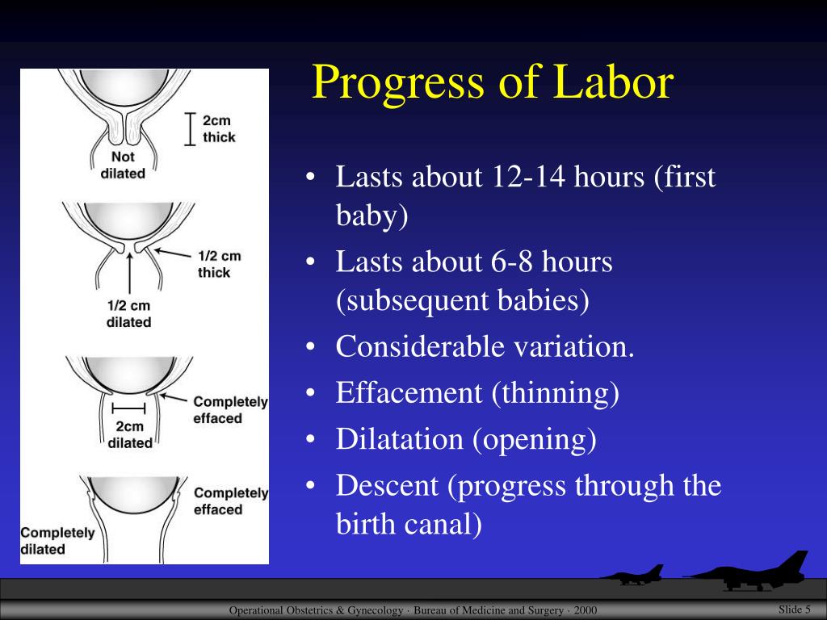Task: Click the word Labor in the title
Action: tap(614, 82)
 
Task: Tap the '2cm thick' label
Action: tap(218, 128)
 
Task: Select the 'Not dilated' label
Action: tap(123, 165)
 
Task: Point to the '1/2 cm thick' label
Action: tap(219, 264)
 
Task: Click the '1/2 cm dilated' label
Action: tap(128, 314)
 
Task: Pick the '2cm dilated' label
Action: tap(130, 434)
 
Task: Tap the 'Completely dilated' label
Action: tap(57, 541)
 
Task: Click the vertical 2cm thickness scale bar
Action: tap(191, 128)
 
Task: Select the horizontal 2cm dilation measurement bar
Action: tap(128, 408)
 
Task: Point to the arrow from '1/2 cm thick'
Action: tap(172, 253)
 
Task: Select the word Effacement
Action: tap(409, 393)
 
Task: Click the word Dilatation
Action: tap(399, 438)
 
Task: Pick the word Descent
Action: tap(387, 485)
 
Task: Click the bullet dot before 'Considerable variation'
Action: tap(310, 347)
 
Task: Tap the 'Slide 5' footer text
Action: tap(795, 610)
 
